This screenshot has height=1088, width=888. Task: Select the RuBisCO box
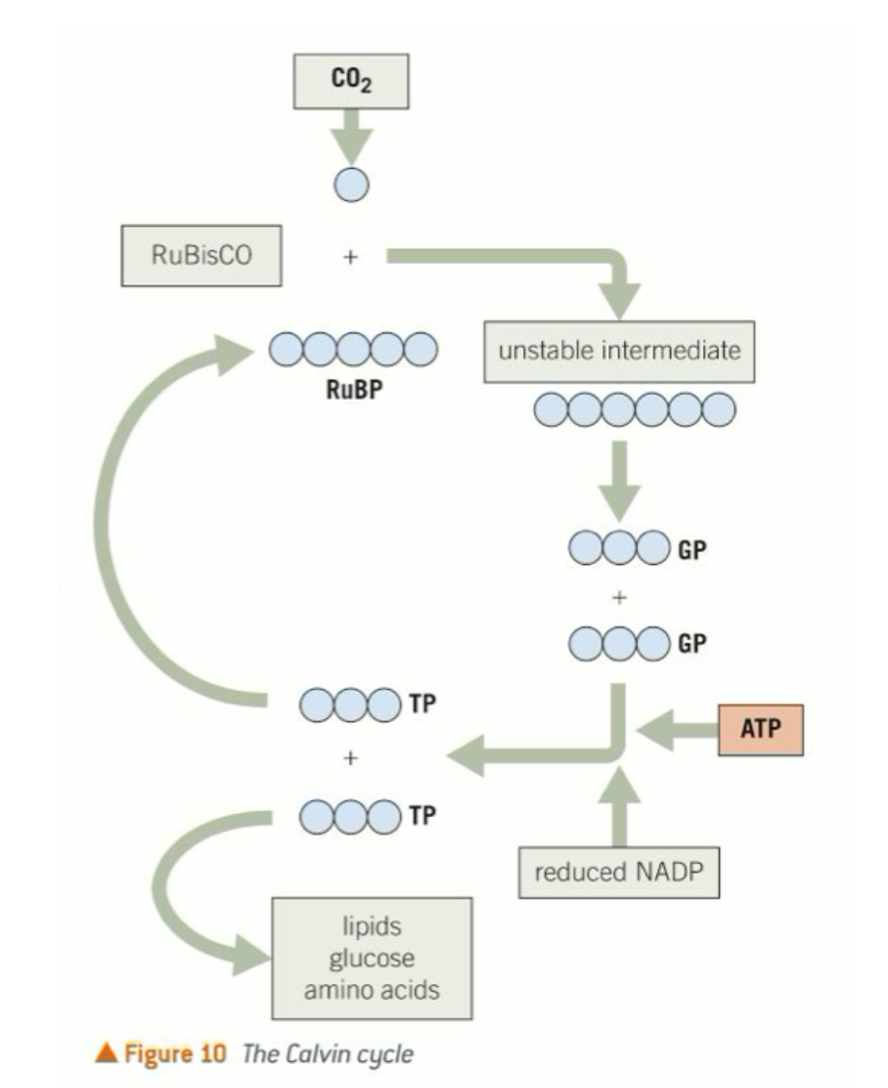[x=201, y=257]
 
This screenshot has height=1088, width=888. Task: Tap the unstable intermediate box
[x=619, y=350]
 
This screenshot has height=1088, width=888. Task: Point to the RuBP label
[x=353, y=391]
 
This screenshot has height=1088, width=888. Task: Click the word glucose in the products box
[x=372, y=959]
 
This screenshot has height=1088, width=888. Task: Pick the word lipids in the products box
[x=372, y=929]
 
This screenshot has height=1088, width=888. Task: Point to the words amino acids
[x=372, y=990]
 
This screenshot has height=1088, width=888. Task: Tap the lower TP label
[x=423, y=815]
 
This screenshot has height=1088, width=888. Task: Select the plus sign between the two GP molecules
[x=620, y=597]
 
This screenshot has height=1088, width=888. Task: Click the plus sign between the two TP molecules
[x=351, y=758]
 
